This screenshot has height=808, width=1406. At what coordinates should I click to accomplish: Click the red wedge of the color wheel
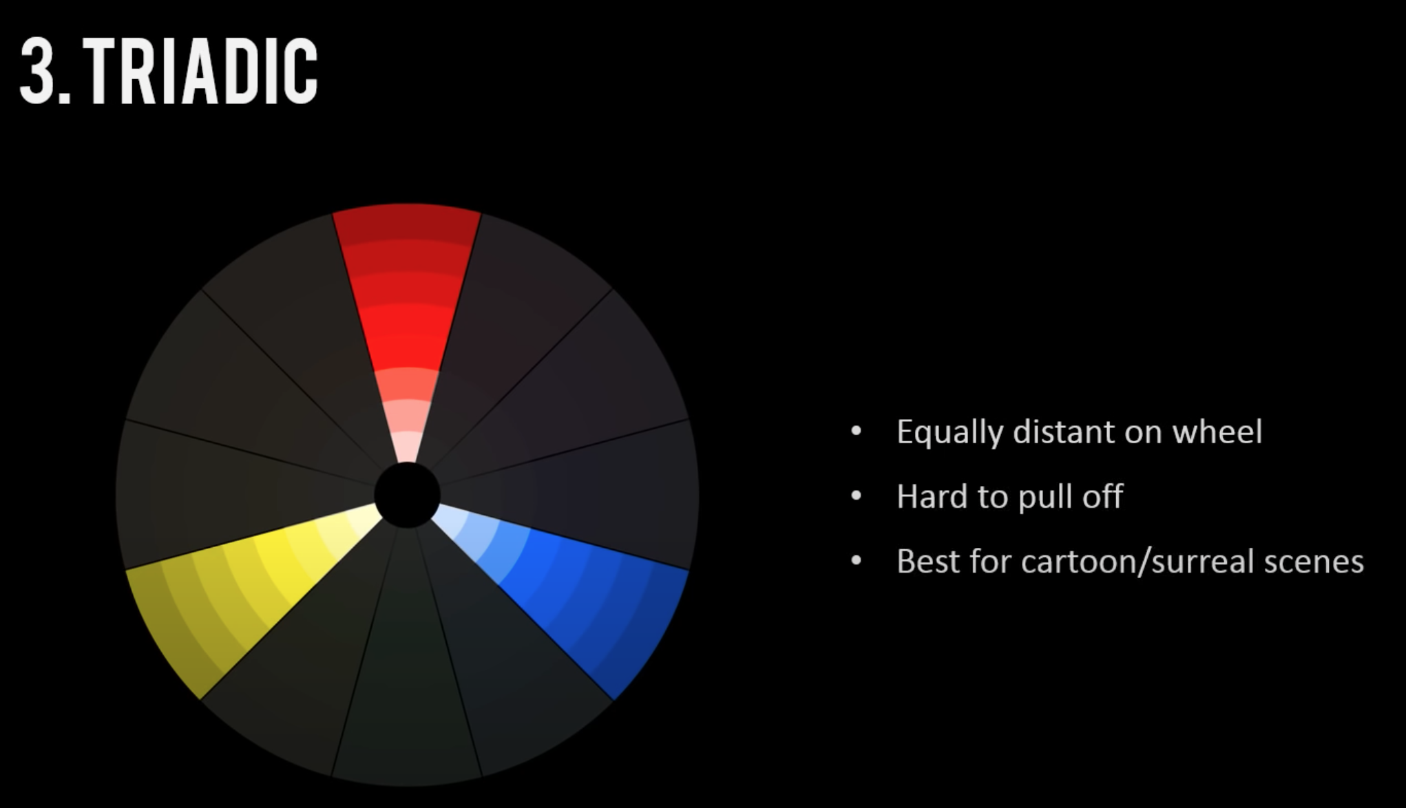(407, 310)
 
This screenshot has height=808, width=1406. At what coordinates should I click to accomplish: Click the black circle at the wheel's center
(407, 495)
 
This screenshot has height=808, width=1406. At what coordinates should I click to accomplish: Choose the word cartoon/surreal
(1131, 561)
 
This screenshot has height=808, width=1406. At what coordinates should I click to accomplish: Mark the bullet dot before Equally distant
(857, 432)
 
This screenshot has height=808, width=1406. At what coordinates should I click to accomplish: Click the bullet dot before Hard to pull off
(857, 496)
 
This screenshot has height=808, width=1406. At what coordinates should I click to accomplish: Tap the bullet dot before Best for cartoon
(857, 561)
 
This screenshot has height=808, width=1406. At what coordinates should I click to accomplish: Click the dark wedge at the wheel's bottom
(406, 674)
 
